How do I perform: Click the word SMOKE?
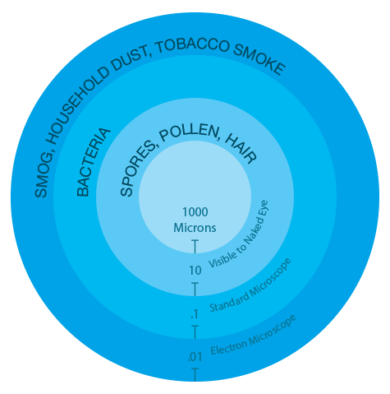tap(260, 58)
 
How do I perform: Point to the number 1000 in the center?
tap(195, 212)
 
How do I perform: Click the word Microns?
tap(195, 228)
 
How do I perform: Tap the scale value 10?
tap(195, 271)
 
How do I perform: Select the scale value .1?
tap(195, 314)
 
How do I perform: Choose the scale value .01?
tap(195, 357)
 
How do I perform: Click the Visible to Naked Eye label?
tap(239, 234)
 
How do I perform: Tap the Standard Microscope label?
tap(250, 286)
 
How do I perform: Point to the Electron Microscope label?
tap(253, 336)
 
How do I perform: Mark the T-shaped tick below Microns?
tap(195, 247)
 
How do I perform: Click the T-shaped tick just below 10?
tap(195, 290)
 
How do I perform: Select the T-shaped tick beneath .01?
tap(195, 375)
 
